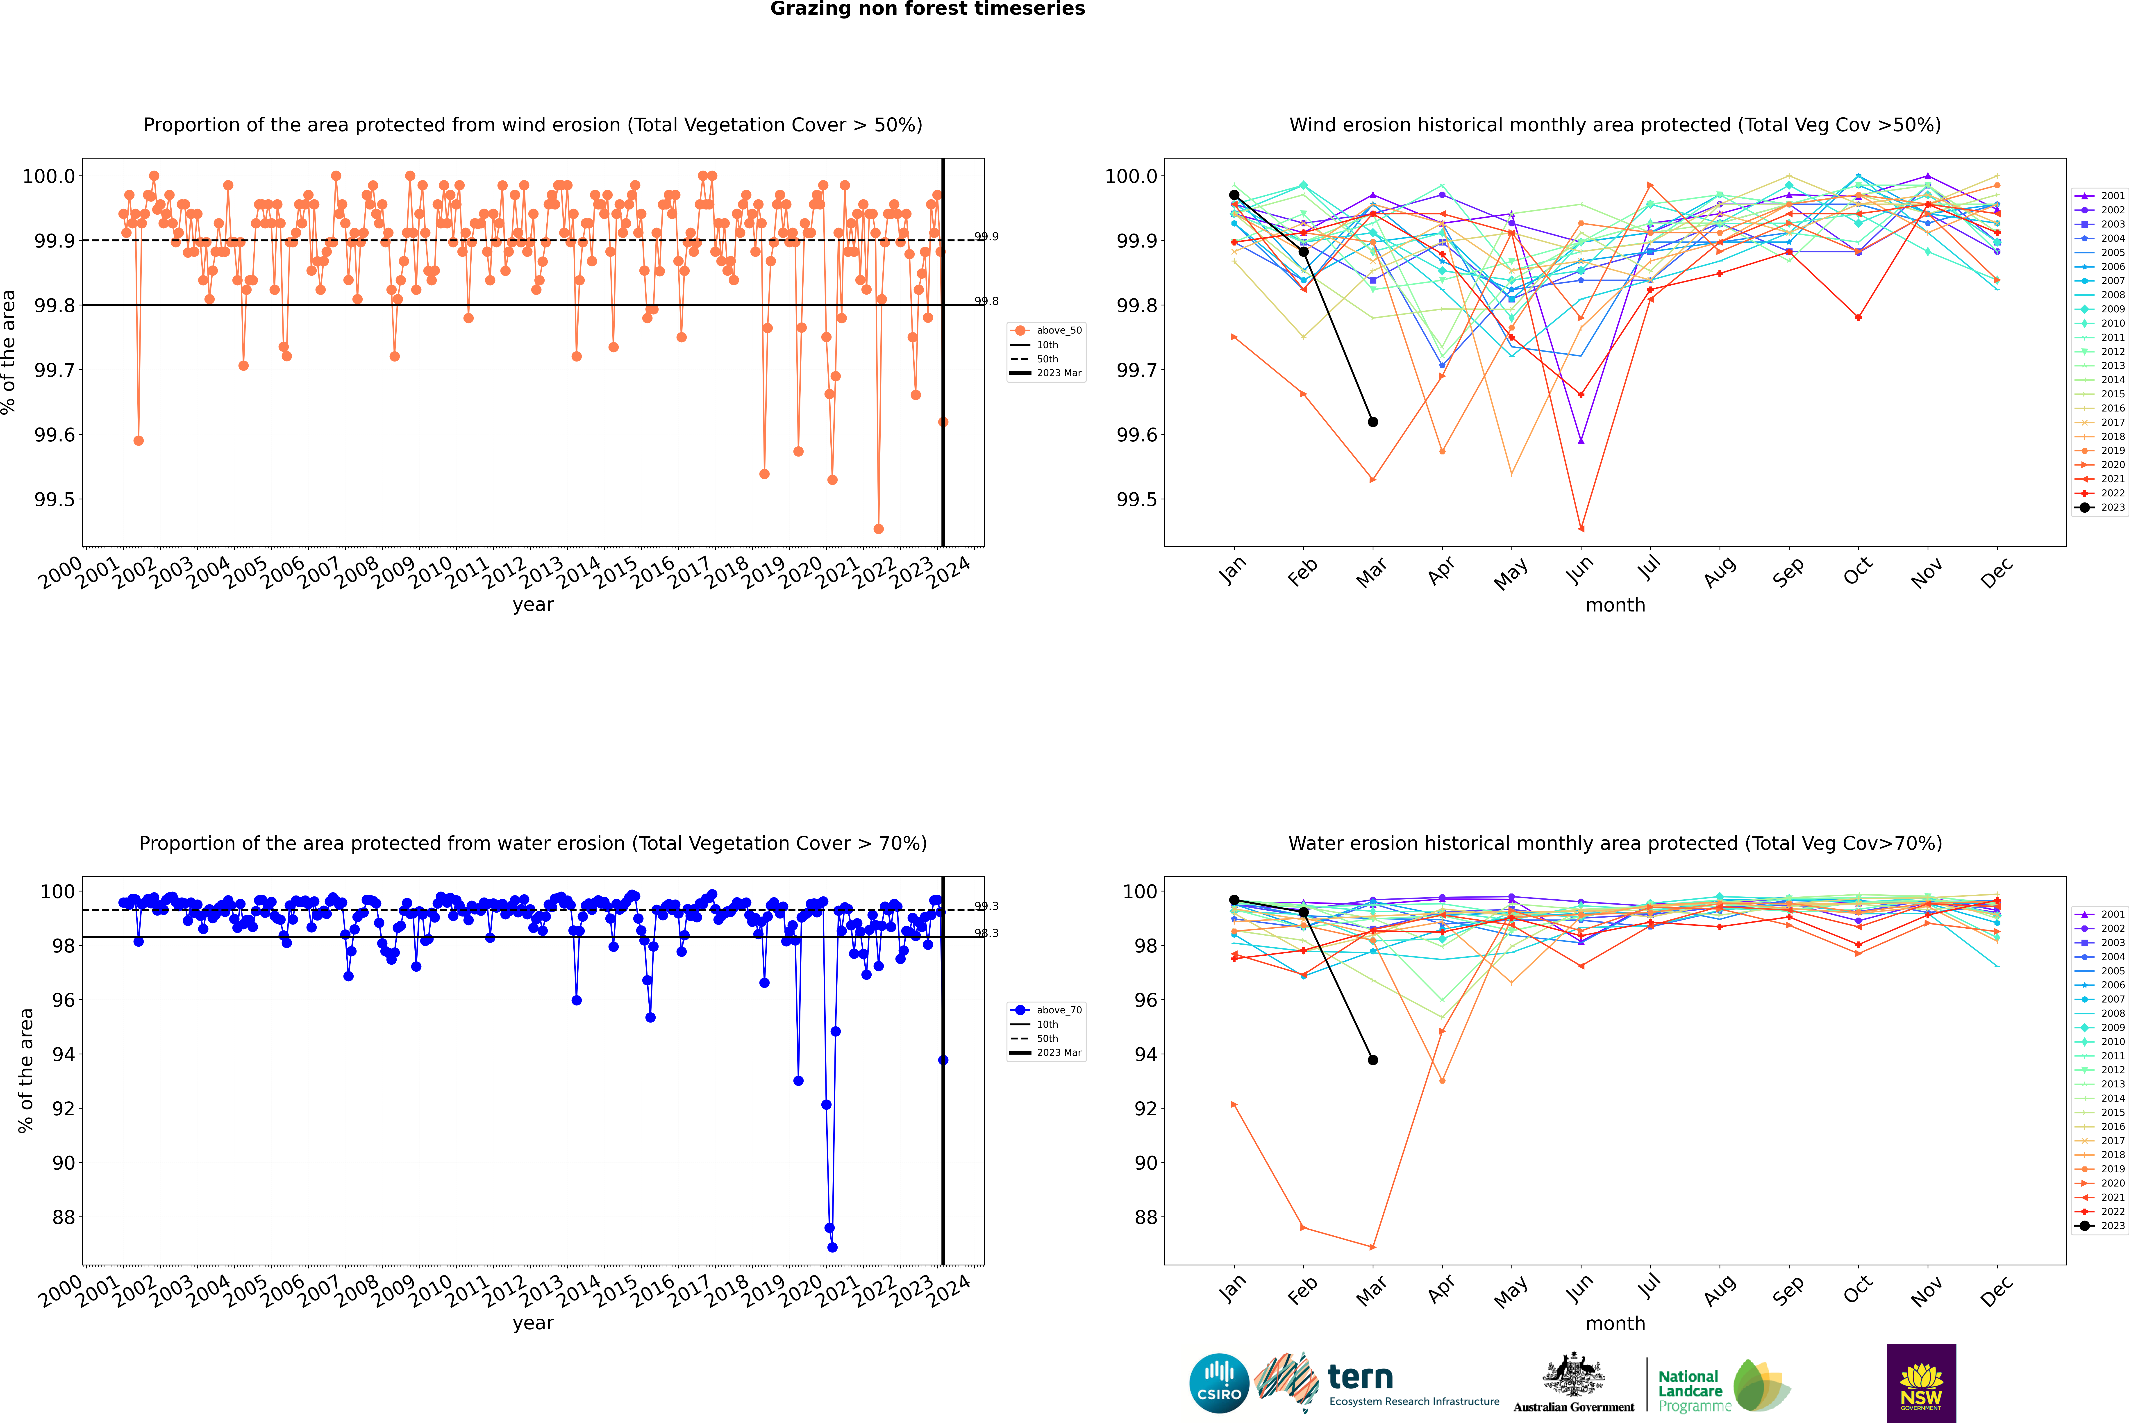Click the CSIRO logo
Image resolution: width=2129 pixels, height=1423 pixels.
tap(1219, 1383)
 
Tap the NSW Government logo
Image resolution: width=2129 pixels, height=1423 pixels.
tap(1921, 1383)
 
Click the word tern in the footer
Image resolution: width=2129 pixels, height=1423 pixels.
tap(1359, 1377)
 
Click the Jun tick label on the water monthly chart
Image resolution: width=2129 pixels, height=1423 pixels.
tap(1580, 1289)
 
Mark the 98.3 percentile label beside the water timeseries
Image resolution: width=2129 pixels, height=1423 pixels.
tap(986, 933)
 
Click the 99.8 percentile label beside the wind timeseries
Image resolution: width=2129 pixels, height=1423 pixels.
tap(986, 301)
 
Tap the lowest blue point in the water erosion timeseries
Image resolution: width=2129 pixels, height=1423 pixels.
tap(832, 1248)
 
